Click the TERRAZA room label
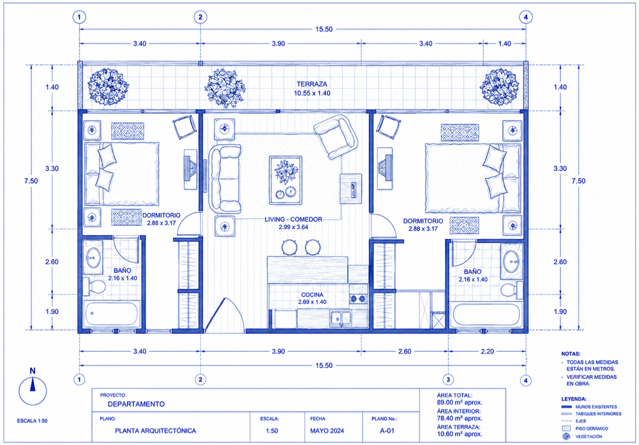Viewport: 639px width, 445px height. [x=312, y=84]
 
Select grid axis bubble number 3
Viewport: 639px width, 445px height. [x=448, y=380]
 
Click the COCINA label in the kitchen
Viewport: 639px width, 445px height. [x=313, y=295]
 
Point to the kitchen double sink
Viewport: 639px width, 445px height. [x=341, y=318]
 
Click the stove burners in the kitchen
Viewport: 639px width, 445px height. [x=358, y=299]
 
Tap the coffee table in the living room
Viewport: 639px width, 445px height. [x=285, y=180]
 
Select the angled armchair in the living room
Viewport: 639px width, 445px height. [x=336, y=137]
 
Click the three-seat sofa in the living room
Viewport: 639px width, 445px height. [x=225, y=179]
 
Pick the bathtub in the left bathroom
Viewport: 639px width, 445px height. [x=111, y=314]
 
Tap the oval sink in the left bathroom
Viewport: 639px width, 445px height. [x=93, y=258]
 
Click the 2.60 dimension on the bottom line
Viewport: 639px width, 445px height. [x=405, y=351]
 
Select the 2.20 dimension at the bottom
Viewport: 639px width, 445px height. [x=487, y=351]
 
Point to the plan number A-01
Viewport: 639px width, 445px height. [x=387, y=431]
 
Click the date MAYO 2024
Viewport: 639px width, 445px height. [x=327, y=431]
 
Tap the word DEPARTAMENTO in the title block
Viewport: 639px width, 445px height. [x=136, y=404]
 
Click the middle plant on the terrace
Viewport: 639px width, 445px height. [x=225, y=88]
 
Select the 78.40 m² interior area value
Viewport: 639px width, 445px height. [x=460, y=418]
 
